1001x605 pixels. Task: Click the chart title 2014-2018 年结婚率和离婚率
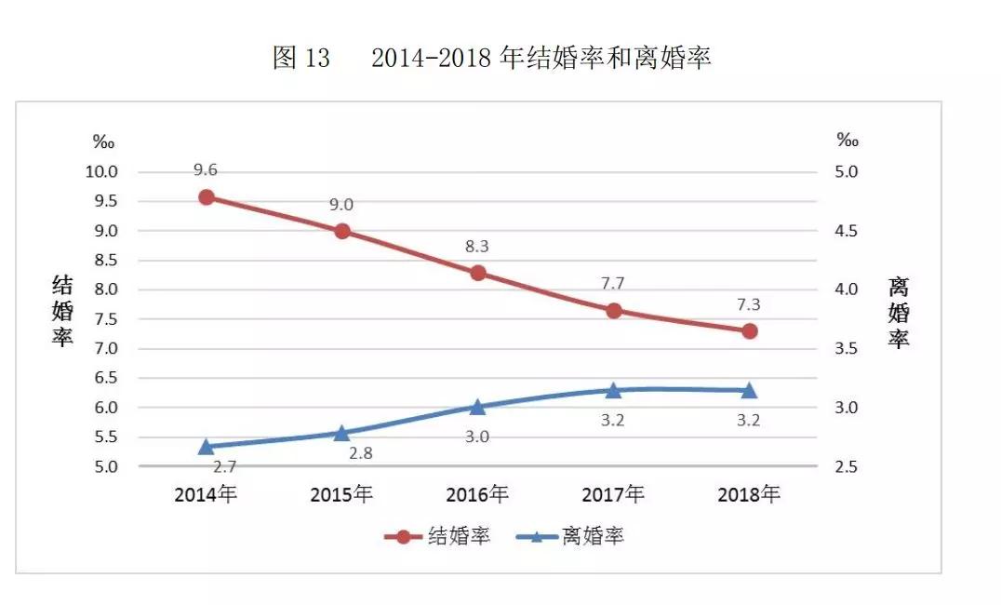[x=541, y=58]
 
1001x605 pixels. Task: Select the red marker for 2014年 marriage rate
[x=207, y=197]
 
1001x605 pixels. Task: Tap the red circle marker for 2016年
[x=478, y=273]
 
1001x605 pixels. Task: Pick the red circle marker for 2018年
[x=749, y=331]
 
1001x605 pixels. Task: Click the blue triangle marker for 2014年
[x=207, y=447]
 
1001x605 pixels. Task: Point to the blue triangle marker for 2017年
[x=614, y=390]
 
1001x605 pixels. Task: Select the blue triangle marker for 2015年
[x=342, y=433]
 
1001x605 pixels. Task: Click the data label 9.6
[x=206, y=170]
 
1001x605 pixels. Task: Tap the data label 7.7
[x=613, y=283]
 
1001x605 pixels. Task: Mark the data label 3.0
[x=478, y=437]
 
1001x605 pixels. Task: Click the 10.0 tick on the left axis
[x=101, y=172]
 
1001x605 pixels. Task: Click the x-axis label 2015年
[x=341, y=494]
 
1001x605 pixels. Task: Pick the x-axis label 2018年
[x=749, y=494]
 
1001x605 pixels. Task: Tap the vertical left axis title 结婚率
[x=62, y=311]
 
